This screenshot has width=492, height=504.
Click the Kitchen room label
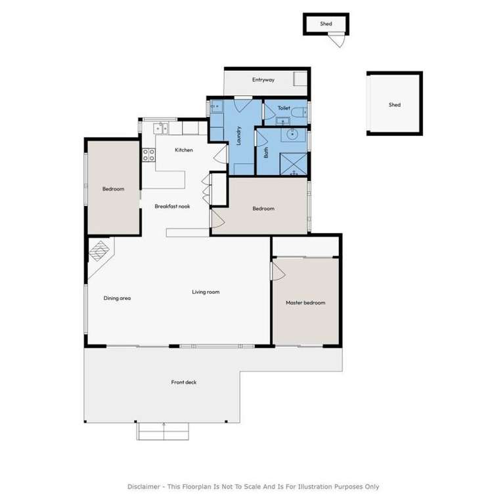coord(184,150)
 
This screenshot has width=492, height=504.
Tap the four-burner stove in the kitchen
coord(148,155)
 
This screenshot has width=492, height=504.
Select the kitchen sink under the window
coord(160,129)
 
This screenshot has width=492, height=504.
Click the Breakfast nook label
coord(172,206)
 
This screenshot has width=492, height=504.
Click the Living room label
coord(206,292)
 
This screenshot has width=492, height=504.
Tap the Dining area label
coord(117,299)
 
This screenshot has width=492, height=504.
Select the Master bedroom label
coord(305,303)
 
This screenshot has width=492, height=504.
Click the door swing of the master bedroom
coord(279,272)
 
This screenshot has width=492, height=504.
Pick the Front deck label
coord(184,382)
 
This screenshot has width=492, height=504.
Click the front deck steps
coord(163,431)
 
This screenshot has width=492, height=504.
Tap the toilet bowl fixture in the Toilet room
coord(299,112)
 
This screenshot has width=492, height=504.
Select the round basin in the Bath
coord(292,134)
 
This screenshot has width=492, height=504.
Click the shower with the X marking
coord(293,164)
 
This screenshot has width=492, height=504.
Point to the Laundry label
coord(238,136)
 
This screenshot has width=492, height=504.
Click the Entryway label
coord(263,79)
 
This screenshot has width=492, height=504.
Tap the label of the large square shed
coord(395,105)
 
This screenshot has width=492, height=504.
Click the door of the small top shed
coord(337,40)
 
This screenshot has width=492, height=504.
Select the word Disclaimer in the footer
coord(143,487)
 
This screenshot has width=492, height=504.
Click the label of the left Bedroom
coord(113,189)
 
